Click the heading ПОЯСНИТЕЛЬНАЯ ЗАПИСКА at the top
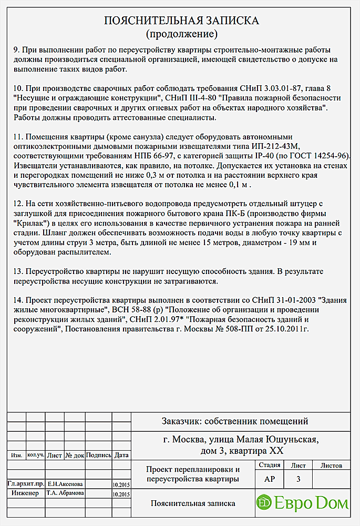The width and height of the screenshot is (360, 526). (181, 21)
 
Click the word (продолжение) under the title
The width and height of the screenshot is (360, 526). (181, 35)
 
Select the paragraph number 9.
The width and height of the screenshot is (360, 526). (15, 50)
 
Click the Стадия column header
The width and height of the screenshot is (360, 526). (269, 466)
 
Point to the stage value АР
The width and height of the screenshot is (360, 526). (269, 479)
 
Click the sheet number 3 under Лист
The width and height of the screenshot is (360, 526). (299, 479)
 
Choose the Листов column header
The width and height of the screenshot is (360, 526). (331, 466)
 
